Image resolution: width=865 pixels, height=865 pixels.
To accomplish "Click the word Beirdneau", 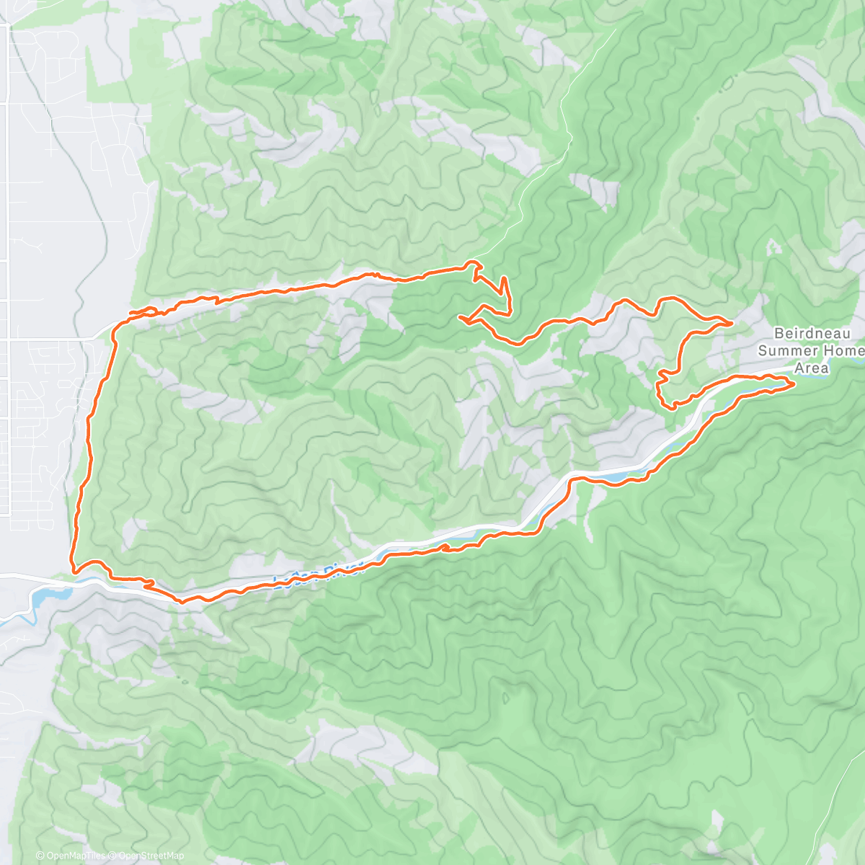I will click(x=812, y=334).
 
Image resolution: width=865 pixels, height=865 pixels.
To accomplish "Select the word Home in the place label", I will click(x=843, y=351).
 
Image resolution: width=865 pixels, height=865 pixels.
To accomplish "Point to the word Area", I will click(x=812, y=368).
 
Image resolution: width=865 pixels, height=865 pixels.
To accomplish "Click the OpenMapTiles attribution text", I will click(x=76, y=856).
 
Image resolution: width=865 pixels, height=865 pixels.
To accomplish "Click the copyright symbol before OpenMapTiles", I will click(x=41, y=856).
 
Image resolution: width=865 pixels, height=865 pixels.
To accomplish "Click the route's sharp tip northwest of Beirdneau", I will click(x=732, y=324).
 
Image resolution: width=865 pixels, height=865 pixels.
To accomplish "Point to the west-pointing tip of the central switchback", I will click(x=460, y=316).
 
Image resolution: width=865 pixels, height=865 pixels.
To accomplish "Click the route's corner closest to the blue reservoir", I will click(x=73, y=569).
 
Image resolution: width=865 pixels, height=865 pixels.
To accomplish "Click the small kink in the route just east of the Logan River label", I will click(x=445, y=548).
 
